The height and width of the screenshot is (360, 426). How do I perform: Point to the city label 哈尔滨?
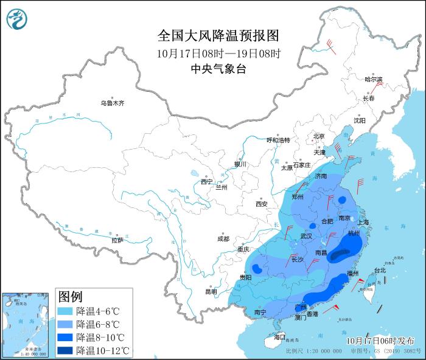(x=373, y=80)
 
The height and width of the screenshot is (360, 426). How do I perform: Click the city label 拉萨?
(x=117, y=240)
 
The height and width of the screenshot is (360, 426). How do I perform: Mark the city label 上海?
(x=363, y=223)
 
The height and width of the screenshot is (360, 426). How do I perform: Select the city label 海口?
(x=279, y=337)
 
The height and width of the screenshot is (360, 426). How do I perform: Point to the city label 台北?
(x=379, y=271)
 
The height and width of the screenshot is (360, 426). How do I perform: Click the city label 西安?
(x=262, y=204)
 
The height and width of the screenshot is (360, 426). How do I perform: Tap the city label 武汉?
(x=306, y=236)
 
